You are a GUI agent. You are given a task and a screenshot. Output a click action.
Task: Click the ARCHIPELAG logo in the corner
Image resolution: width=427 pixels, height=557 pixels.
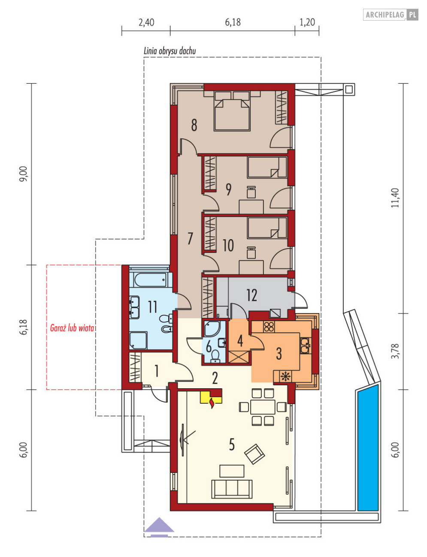pos(391,15)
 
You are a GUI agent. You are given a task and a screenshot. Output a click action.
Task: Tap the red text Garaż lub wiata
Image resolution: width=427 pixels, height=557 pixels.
pos(72,328)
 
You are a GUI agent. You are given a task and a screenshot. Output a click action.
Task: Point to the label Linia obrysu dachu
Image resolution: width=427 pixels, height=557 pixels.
pos(170,51)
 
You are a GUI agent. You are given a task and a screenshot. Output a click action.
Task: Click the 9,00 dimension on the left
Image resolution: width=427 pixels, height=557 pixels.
pos(23,174)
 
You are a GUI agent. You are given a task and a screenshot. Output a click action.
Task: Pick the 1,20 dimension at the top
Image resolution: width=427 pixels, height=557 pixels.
pos(307,22)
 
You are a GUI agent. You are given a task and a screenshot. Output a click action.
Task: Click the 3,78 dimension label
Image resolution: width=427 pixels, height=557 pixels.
pos(395,351)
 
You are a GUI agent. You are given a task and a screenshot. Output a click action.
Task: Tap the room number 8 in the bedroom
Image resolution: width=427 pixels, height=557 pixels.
pos(194,125)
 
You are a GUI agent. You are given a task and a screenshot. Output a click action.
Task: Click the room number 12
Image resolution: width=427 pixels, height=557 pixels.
pos(252,295)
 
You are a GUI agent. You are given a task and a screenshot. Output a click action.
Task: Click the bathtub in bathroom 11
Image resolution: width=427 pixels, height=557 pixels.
pos(150,280)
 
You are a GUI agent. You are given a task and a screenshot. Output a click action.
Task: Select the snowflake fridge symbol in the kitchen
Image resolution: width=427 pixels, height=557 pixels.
pos(285,376)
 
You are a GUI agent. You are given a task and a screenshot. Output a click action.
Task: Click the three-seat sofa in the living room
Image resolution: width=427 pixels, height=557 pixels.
pos(232,489)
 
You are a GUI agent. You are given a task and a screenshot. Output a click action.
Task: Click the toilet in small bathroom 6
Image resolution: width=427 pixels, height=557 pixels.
pos(215,356)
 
